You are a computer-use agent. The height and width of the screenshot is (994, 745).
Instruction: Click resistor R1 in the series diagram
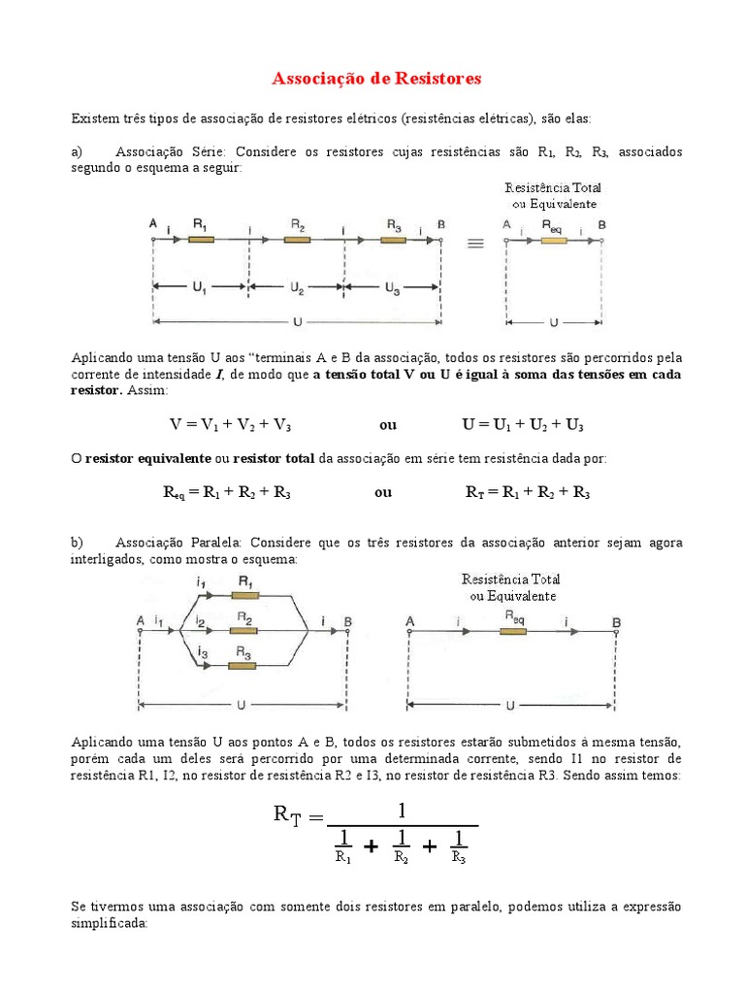[201, 239]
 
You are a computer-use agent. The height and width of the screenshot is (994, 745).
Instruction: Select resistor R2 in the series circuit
[297, 239]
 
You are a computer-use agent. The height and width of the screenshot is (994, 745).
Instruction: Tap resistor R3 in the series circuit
[393, 239]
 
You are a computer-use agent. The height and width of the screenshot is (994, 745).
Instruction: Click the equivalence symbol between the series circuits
[475, 244]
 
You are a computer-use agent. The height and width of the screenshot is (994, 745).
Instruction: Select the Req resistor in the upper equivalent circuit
[554, 239]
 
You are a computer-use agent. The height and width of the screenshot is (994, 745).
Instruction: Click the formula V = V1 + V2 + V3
[230, 425]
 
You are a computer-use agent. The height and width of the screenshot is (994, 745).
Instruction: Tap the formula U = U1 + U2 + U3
[523, 425]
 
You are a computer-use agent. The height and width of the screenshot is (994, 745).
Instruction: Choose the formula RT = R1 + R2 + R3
[528, 492]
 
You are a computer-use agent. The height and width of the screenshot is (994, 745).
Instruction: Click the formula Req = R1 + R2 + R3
[226, 492]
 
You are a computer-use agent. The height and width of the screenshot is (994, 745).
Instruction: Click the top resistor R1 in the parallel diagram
[244, 595]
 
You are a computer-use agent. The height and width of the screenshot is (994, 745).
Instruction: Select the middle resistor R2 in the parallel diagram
[244, 631]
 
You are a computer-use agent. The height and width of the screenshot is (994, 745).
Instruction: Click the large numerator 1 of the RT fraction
[402, 809]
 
